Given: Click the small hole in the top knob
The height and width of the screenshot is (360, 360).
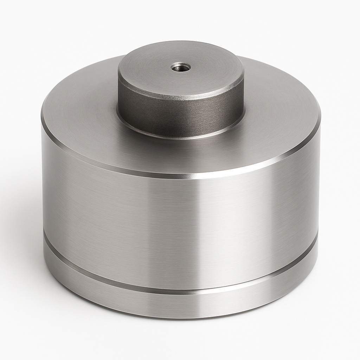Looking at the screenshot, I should pos(181,67).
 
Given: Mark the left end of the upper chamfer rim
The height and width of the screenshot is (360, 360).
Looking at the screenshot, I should pos(43,121).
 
